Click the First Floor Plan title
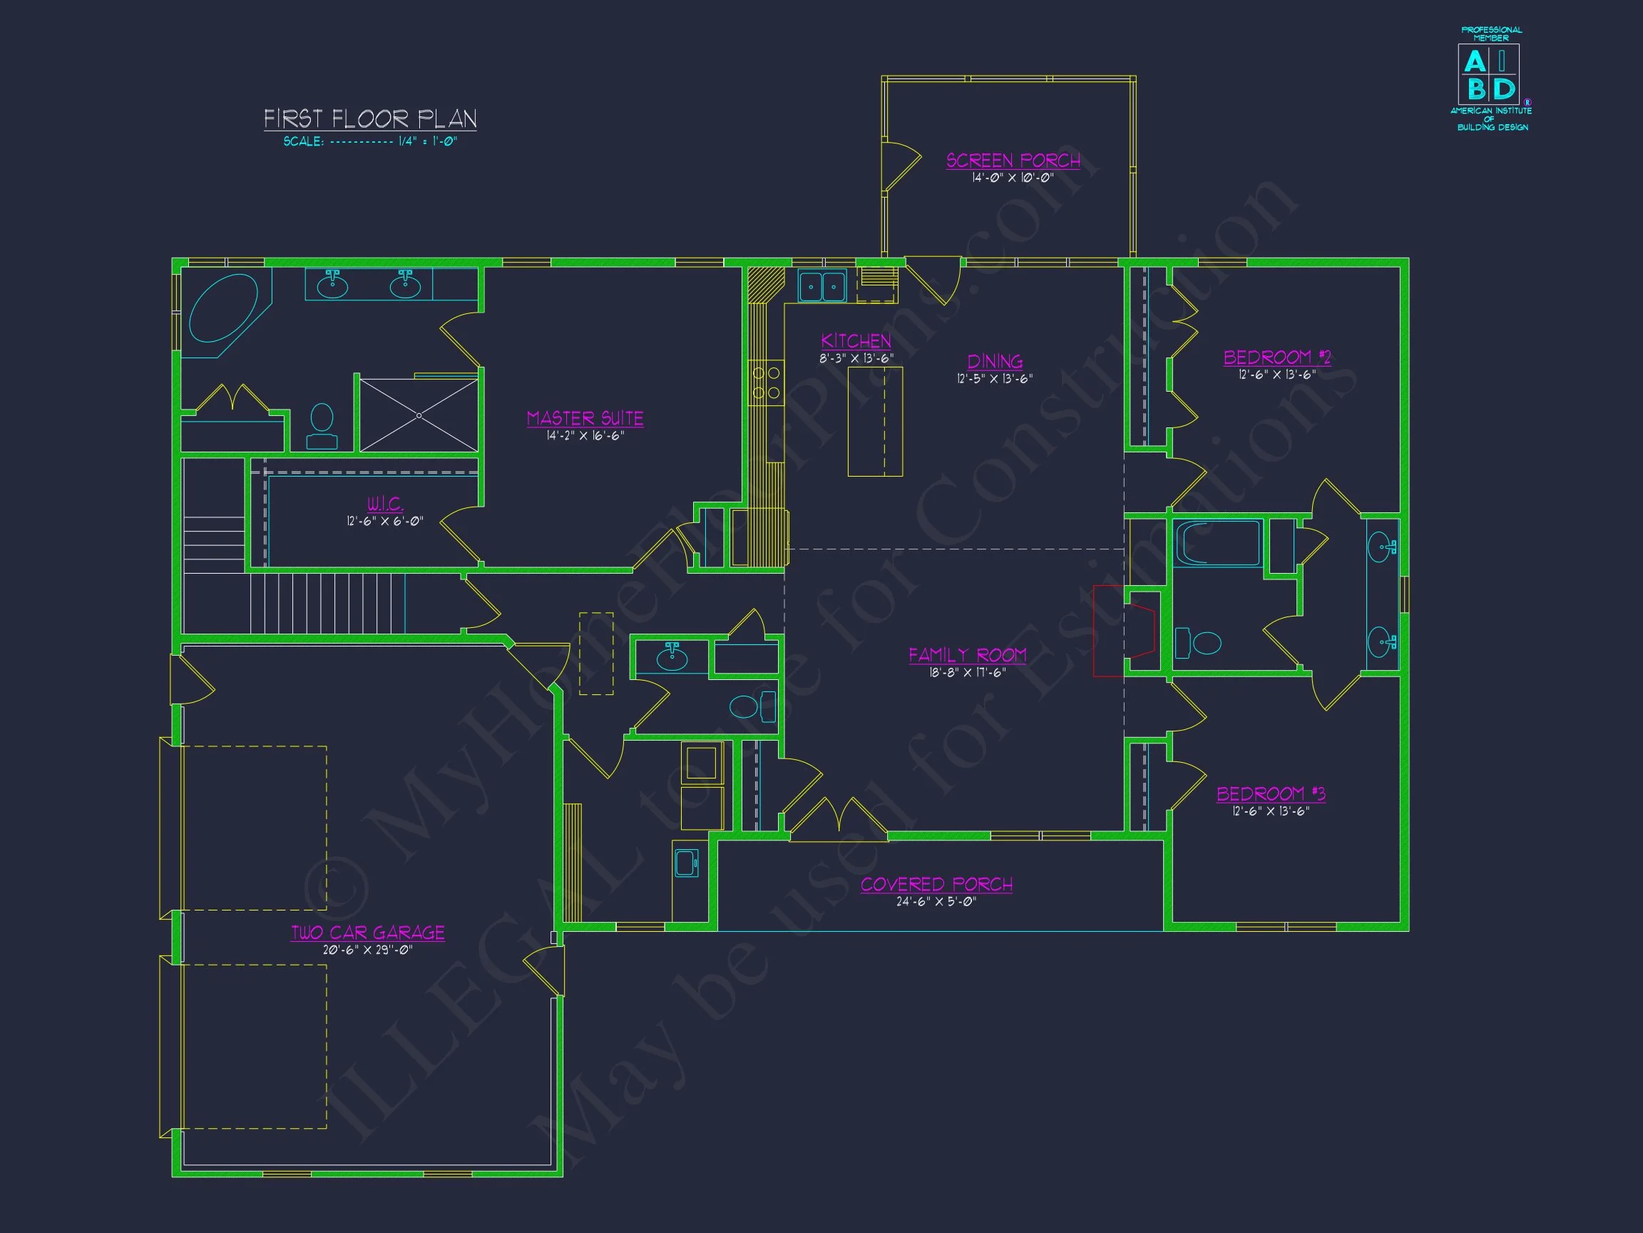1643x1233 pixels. pos(370,119)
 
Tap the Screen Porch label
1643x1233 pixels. pos(1013,161)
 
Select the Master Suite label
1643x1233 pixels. pos(585,418)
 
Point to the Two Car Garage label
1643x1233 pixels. pos(368,932)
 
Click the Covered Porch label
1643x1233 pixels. pos(936,884)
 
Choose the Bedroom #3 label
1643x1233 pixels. pos(1271,793)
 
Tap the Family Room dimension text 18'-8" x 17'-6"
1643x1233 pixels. pos(967,673)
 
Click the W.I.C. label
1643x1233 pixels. pos(386,504)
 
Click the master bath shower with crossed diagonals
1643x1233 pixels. pos(419,415)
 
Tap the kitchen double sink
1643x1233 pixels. pos(822,285)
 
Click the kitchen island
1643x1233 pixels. pos(875,422)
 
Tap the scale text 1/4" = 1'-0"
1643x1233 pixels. pos(427,141)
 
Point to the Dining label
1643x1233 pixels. pos(995,362)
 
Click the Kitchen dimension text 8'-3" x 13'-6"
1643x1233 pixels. pos(856,358)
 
